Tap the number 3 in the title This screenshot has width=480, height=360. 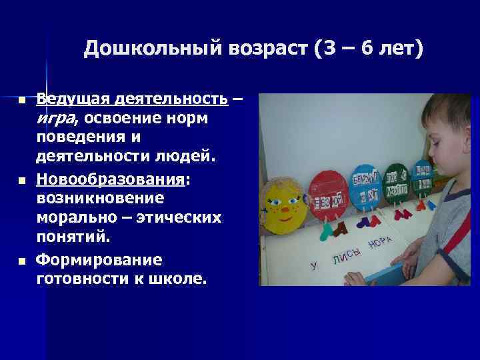[332, 50]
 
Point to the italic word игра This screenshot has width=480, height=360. [56, 118]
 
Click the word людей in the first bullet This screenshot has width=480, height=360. [189, 155]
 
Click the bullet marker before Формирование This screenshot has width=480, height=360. [21, 260]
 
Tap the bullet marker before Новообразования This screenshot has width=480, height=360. [21, 181]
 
